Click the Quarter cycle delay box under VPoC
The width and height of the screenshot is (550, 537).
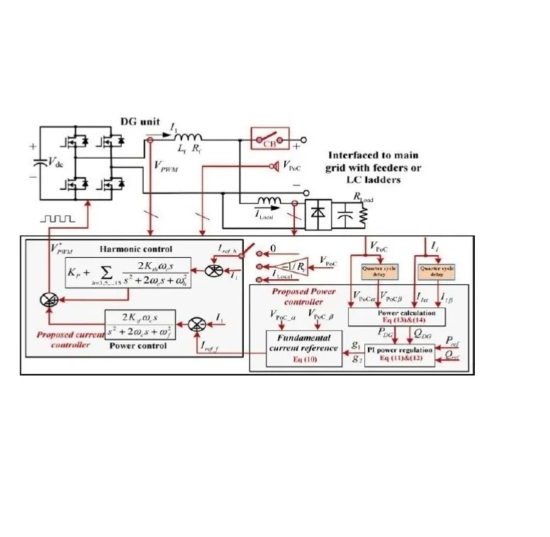coord(373,272)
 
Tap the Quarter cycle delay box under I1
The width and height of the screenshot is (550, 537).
coord(438,272)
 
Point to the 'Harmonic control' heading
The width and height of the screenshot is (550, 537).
coord(135,249)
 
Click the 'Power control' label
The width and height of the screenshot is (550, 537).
coord(139,346)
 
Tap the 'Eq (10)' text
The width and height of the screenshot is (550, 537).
coord(302,359)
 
